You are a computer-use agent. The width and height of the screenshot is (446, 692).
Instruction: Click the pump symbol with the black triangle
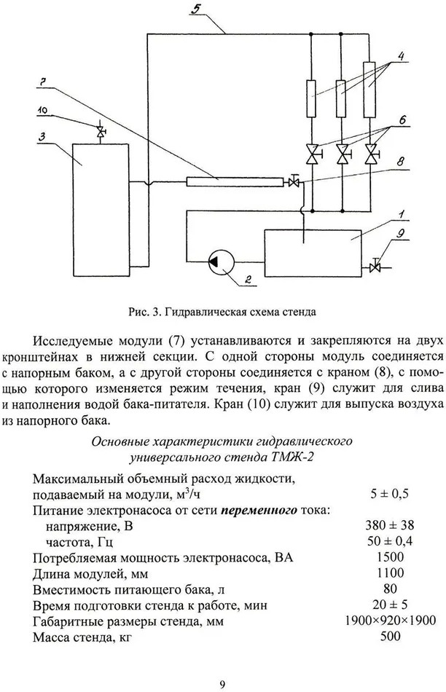click(221, 262)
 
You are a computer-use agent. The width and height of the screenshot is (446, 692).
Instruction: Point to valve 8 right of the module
click(293, 181)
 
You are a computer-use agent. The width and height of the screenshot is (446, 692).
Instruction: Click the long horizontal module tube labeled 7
click(235, 181)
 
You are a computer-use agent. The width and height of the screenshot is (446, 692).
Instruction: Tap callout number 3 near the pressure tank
click(42, 137)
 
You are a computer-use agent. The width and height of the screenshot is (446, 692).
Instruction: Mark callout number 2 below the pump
click(249, 279)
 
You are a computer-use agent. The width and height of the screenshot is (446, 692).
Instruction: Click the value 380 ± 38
click(390, 525)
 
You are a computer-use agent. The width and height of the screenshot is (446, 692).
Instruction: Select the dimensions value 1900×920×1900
click(391, 621)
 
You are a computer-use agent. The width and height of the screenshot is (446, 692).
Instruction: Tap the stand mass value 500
click(391, 636)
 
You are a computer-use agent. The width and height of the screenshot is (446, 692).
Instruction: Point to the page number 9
click(222, 685)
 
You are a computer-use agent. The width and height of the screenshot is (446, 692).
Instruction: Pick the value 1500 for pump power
click(391, 557)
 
